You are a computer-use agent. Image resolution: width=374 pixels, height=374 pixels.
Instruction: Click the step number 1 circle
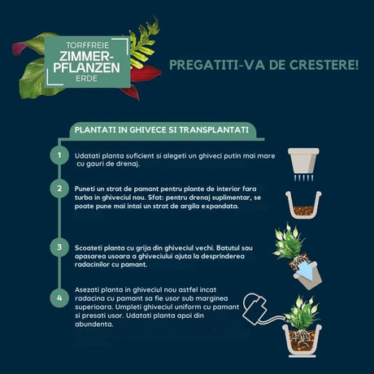tap(59, 154)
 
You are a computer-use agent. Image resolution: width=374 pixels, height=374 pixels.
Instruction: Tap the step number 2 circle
tap(59, 189)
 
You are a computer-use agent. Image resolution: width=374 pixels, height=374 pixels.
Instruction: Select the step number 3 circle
tap(59, 246)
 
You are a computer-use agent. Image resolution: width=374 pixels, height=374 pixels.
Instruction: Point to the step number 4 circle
tap(59, 298)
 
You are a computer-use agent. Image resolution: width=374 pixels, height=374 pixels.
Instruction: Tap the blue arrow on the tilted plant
tap(306, 268)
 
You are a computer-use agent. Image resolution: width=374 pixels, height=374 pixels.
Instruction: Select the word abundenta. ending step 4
tap(94, 324)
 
